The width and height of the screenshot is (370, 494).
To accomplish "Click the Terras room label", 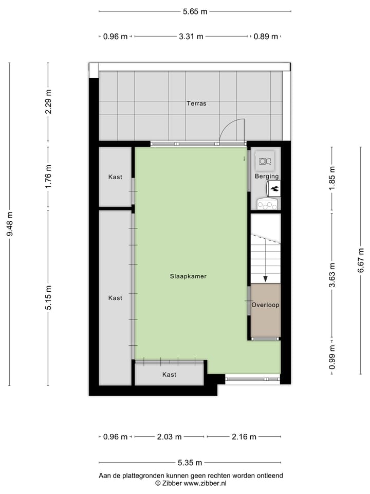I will (x=196, y=103).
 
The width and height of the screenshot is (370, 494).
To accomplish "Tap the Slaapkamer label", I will (x=189, y=276).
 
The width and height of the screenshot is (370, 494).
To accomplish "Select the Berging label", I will (x=266, y=177).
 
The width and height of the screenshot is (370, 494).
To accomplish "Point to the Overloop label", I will (x=265, y=305).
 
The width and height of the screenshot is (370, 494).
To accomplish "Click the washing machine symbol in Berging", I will (x=266, y=161).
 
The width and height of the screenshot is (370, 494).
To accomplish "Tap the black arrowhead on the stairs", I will (x=265, y=278).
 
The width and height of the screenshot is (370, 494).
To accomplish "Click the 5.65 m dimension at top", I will (x=196, y=11).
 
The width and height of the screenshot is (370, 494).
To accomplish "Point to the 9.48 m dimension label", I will (x=9, y=224).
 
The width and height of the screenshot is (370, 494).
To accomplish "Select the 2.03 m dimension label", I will (x=169, y=437).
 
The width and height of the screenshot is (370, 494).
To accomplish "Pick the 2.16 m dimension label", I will (x=244, y=437).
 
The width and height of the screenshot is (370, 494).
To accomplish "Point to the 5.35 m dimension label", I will (x=190, y=463).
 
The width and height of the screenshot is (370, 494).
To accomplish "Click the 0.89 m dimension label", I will (x=266, y=37).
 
